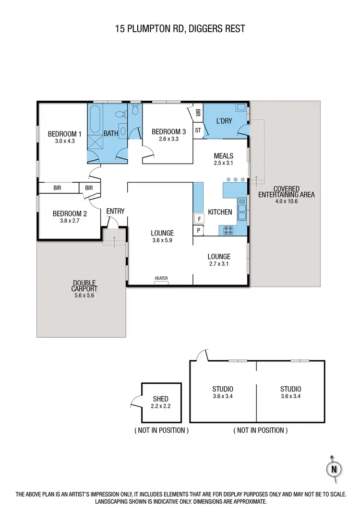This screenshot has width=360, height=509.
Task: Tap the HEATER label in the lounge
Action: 161,278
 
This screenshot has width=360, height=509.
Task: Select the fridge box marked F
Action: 199,219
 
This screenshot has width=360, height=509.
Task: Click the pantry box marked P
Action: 199,231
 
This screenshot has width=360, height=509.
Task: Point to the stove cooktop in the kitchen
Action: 228,231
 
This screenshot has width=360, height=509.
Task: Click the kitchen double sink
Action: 242,210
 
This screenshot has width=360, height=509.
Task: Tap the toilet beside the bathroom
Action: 135,111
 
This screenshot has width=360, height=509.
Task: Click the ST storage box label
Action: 198,130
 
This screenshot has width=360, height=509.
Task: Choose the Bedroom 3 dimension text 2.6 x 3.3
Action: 168,139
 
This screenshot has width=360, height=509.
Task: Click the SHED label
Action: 161,399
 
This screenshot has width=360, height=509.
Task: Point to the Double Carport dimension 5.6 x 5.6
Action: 84,296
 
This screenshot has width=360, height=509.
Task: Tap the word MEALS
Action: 224,156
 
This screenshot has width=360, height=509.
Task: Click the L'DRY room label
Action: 224,121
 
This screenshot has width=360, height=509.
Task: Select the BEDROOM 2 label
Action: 70,214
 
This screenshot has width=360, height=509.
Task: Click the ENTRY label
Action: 115,211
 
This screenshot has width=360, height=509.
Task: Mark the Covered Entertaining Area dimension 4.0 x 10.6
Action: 286,201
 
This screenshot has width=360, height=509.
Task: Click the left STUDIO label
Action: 223,389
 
